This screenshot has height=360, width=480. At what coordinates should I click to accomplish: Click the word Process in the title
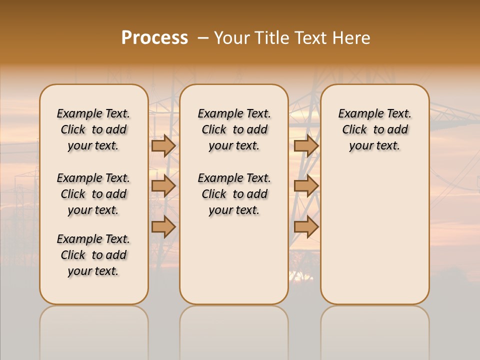coord(154,38)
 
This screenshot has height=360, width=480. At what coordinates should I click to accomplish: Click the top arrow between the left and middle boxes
coord(163,145)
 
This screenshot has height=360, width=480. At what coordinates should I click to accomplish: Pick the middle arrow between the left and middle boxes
coord(163,186)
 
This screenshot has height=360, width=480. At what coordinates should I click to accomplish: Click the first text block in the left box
coord(93,129)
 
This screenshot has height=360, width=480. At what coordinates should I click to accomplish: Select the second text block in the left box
coord(93,194)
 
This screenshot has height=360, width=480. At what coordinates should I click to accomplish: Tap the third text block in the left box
coord(93,255)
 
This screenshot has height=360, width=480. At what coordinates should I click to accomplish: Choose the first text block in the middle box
coord(234,129)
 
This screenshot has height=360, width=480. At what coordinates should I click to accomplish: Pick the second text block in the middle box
coord(234,194)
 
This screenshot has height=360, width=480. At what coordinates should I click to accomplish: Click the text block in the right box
coord(375,129)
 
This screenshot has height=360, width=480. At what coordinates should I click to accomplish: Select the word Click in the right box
coord(354,130)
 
